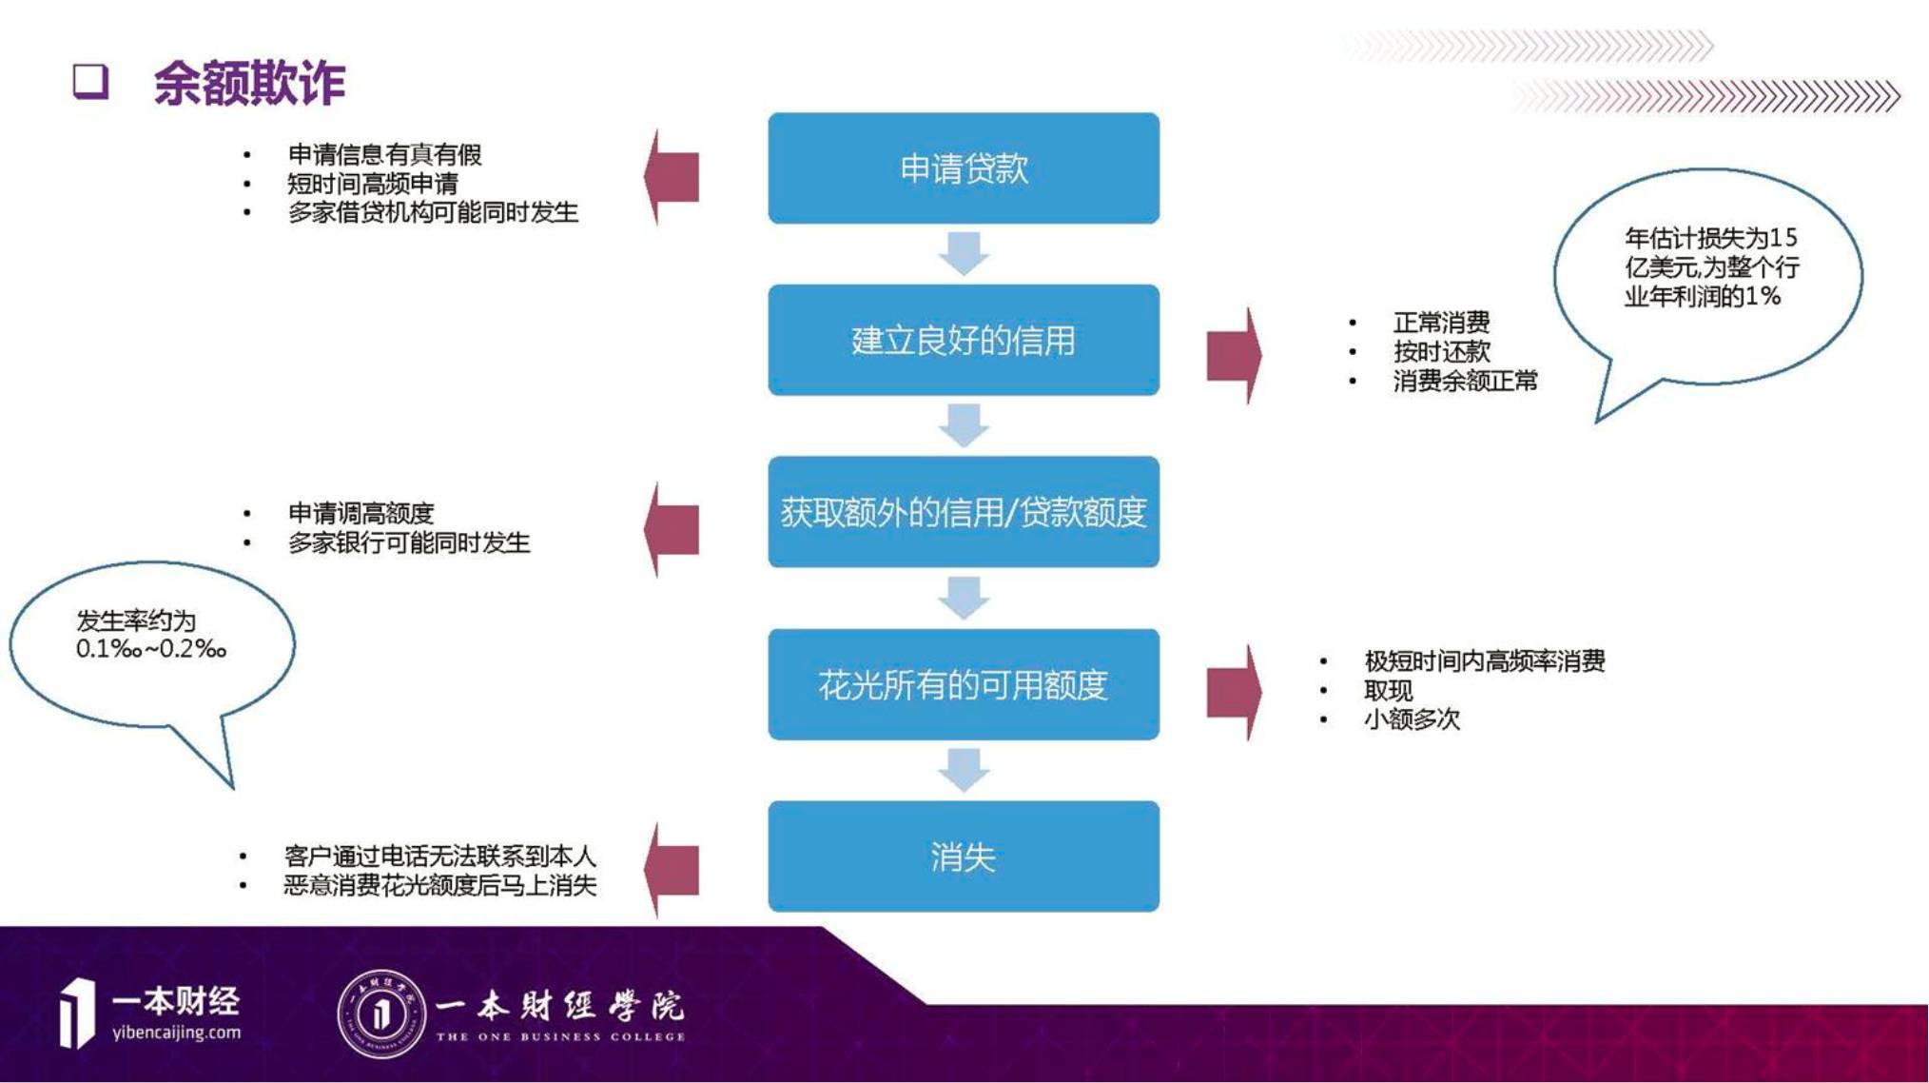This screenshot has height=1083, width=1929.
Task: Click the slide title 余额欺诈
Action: click(x=249, y=84)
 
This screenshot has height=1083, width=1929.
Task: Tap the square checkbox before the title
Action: click(x=91, y=82)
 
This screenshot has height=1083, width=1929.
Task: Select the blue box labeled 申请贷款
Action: click(x=963, y=168)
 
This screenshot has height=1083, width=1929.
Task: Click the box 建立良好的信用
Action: click(x=963, y=340)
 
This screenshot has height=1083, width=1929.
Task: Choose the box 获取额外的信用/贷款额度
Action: click(x=963, y=512)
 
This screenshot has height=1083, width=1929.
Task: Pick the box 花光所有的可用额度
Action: click(x=963, y=684)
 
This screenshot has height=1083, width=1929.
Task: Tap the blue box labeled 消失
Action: click(x=963, y=857)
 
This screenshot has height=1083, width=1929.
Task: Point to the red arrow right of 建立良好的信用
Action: click(x=1234, y=356)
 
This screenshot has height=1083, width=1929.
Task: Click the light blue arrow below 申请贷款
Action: click(x=964, y=253)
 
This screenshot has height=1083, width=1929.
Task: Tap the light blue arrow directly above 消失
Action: click(x=964, y=770)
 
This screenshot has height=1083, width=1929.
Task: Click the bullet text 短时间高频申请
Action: click(x=373, y=183)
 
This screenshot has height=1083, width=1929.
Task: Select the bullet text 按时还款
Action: click(x=1441, y=352)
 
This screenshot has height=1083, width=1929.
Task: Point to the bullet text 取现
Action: click(x=1388, y=690)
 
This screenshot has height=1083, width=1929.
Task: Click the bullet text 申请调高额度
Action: click(x=360, y=514)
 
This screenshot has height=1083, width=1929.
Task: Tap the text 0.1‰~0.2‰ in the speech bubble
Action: click(x=151, y=649)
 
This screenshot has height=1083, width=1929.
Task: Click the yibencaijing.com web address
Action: click(x=176, y=1033)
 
